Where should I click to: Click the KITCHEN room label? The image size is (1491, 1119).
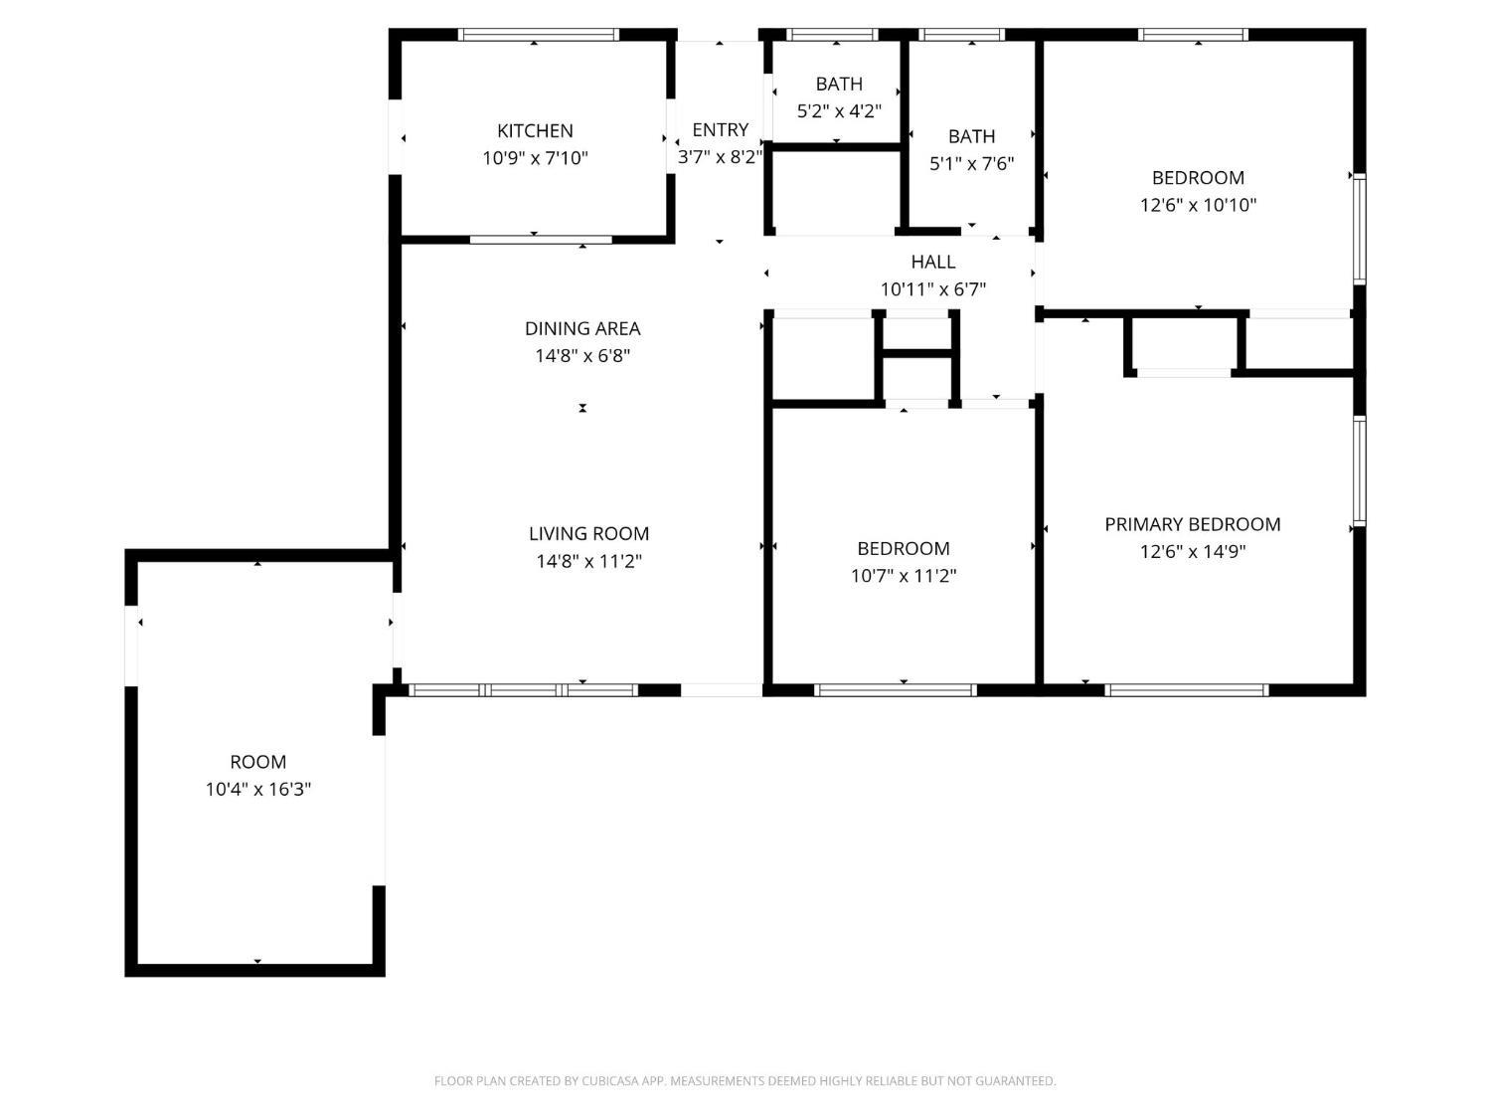pos(535,130)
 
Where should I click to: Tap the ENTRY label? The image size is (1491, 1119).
pos(720,129)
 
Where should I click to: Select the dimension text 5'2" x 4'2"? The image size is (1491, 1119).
pos(839,110)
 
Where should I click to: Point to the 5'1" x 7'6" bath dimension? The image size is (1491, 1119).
pos(971,164)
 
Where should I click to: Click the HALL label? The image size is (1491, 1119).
pos(933,262)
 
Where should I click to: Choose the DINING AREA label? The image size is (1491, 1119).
pos(582,329)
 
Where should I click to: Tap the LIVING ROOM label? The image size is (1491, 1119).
pos(588,534)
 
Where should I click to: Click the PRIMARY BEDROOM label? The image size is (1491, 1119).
pos(1192,524)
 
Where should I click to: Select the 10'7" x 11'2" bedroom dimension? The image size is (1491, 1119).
pos(904,576)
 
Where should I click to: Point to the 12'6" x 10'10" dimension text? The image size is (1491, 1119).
pos(1198,205)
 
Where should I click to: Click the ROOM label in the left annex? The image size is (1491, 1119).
pos(258,762)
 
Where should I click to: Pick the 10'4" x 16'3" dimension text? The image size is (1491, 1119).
pos(258,790)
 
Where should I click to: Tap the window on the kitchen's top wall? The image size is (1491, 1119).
pos(539,35)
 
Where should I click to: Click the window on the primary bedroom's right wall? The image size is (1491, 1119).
pos(1359,470)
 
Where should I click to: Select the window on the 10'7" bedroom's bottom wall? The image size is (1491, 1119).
pos(896,690)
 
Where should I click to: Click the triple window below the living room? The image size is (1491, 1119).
pos(523,690)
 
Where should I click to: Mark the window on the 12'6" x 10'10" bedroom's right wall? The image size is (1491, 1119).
pos(1359,229)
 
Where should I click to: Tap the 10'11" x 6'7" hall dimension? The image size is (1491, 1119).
pos(933,289)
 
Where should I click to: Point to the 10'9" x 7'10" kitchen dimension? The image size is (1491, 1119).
pos(535,158)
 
